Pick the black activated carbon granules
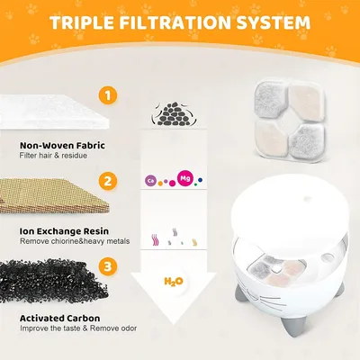click(x=54, y=279)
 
